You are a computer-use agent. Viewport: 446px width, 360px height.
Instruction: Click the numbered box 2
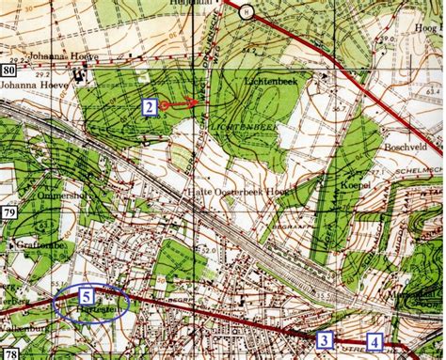click(149, 106)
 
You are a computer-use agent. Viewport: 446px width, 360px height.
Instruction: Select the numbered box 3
click(325, 340)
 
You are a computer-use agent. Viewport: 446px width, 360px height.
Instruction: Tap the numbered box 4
click(375, 342)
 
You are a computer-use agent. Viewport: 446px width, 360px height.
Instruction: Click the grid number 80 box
click(8, 70)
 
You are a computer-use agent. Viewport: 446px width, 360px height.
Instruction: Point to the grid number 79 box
click(8, 215)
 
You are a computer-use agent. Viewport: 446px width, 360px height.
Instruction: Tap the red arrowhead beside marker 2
click(196, 101)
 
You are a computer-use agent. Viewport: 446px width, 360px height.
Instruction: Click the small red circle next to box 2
click(165, 105)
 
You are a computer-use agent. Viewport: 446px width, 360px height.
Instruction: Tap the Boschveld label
click(406, 148)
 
